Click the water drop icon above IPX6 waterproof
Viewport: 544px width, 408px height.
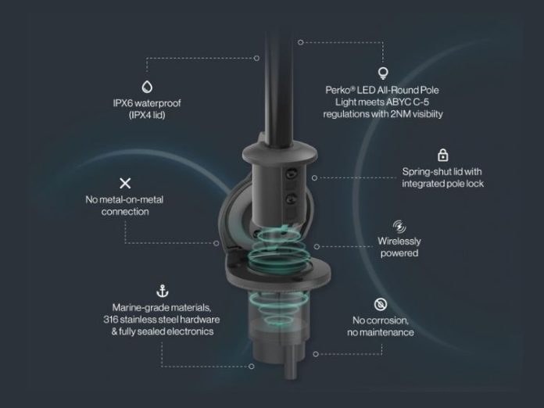point(147,87)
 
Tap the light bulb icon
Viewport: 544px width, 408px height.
point(383,73)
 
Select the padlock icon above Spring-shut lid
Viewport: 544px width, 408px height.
point(442,155)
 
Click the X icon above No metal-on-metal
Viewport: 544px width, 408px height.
point(125,183)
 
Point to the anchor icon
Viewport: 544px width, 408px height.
point(163,292)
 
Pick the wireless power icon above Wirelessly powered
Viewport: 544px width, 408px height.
point(399,226)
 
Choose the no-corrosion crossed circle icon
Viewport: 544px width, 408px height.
point(381,305)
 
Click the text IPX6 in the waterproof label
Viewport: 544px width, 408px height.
point(123,103)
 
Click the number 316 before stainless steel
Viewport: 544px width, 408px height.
point(110,320)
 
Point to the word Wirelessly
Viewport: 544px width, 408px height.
point(399,241)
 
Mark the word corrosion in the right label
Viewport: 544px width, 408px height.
point(387,320)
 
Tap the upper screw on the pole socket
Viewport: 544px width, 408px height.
point(291,174)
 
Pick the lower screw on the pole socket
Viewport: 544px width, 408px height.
point(291,199)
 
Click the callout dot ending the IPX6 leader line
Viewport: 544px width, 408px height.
point(256,59)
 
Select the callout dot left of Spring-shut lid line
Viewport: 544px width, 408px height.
point(314,178)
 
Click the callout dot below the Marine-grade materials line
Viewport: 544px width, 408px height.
point(252,367)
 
